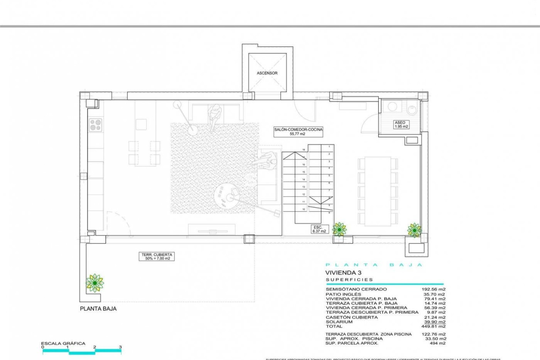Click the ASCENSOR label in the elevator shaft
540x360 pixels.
267,73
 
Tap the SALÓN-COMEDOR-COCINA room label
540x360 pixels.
298,132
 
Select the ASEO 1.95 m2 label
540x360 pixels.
401,125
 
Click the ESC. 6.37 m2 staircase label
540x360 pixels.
319,229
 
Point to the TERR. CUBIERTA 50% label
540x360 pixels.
157,256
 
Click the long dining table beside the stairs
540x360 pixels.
378,191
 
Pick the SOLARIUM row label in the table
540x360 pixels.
339,322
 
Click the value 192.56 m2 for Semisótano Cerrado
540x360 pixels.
433,289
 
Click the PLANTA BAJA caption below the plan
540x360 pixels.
98,309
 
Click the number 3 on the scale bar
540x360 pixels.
120,347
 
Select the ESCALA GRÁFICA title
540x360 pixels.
63,343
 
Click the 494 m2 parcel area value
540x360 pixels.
437,343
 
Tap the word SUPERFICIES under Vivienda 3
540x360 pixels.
349,280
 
